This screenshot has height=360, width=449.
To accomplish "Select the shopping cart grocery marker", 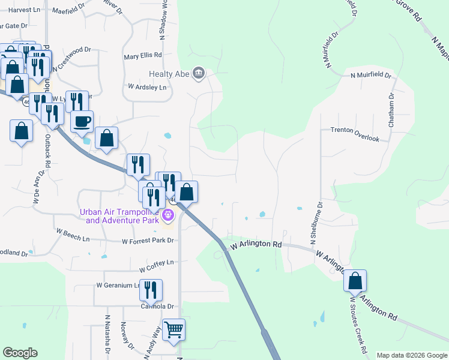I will [x=173, y=329].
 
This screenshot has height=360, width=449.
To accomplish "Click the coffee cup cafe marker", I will [x=82, y=121].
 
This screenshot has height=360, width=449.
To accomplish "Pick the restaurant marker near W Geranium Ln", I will [x=151, y=290].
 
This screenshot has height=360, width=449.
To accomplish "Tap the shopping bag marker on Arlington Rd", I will [x=355, y=281].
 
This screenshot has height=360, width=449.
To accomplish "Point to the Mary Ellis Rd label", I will [x=143, y=55].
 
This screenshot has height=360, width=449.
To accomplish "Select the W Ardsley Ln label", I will [x=147, y=86].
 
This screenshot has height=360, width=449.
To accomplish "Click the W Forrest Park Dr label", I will [x=148, y=241].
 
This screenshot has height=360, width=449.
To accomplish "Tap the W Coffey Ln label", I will [x=156, y=262].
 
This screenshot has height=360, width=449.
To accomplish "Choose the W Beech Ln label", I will [x=72, y=234].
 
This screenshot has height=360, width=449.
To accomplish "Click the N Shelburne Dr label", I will [x=316, y=222].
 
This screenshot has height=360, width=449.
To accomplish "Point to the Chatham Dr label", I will [x=391, y=110].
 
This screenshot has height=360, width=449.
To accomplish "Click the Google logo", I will [x=20, y=353].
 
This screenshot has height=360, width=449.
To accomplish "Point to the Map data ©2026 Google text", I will [x=411, y=355].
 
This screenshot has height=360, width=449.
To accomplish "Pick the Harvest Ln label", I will [x=25, y=10].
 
